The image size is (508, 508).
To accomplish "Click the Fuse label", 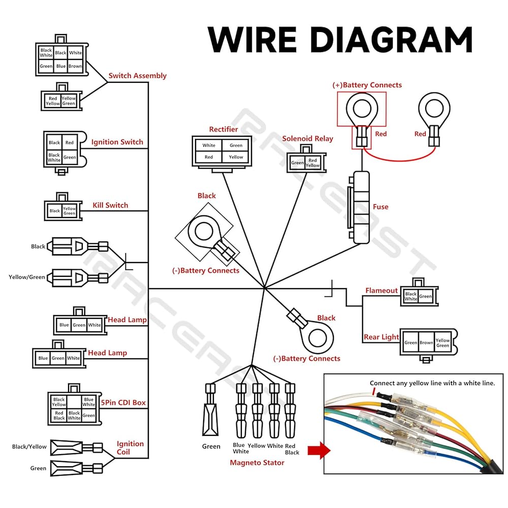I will click(x=380, y=207).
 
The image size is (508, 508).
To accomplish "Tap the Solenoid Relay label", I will click(x=308, y=139).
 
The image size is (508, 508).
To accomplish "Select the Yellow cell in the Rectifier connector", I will click(x=236, y=157).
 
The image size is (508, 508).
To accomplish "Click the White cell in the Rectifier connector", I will click(x=209, y=145).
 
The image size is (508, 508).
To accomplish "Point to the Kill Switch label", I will click(x=110, y=205).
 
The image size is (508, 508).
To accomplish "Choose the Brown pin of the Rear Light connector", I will click(x=426, y=342).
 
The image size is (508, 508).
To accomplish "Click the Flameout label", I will click(x=382, y=291).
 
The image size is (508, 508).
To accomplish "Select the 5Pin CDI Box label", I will click(x=124, y=403).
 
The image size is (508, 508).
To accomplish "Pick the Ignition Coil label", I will click(x=130, y=448).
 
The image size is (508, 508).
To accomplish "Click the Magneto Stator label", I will click(x=257, y=463).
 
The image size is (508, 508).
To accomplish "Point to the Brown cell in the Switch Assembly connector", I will click(x=76, y=66).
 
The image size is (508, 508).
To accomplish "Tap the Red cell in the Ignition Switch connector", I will click(x=70, y=143).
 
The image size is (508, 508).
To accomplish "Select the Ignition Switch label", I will click(x=117, y=142).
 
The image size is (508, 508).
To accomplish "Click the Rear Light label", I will click(x=382, y=337).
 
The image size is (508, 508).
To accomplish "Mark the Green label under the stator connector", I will click(x=211, y=447).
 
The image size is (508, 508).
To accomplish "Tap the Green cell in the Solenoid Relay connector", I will click(x=297, y=163).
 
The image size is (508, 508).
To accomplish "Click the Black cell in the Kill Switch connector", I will click(x=55, y=211).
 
